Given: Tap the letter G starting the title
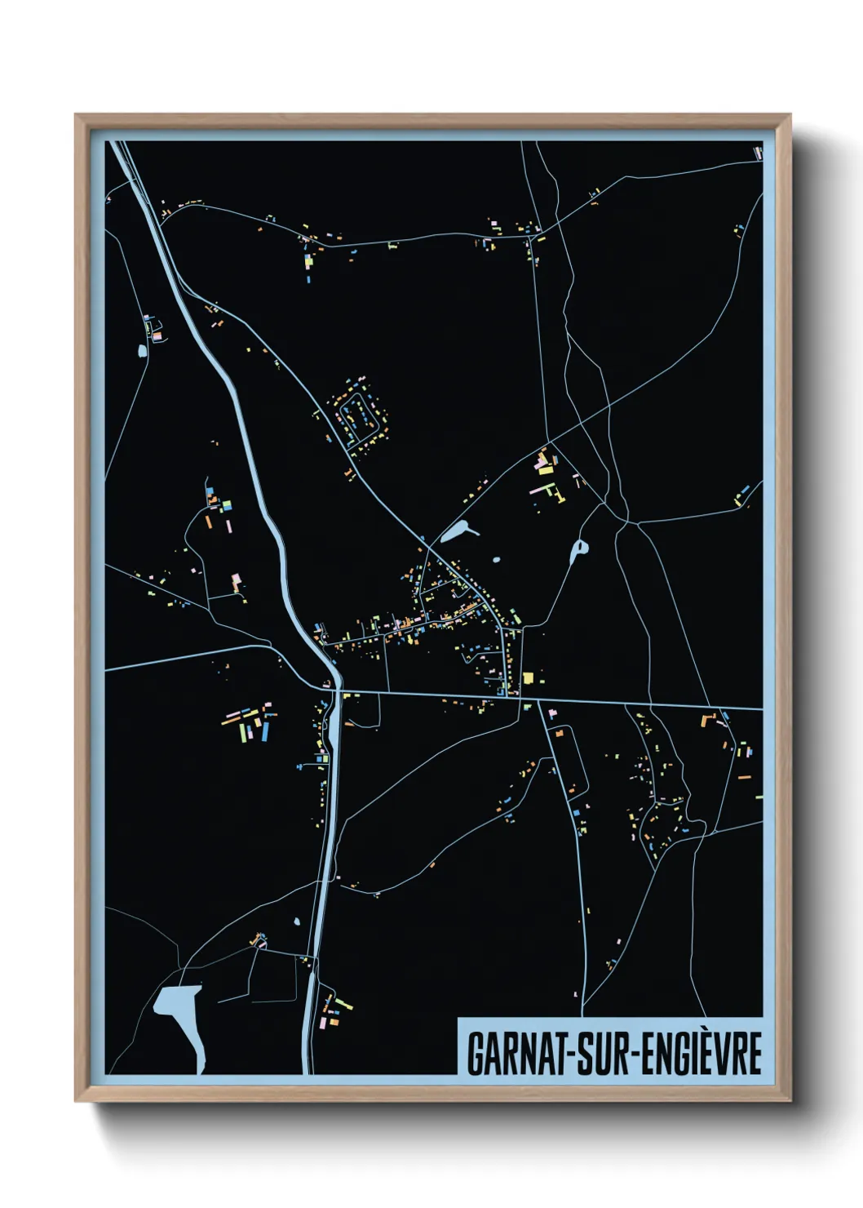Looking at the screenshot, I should (476, 1053).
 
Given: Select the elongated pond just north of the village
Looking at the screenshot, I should (457, 533).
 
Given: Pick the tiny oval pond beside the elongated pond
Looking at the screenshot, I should (495, 561).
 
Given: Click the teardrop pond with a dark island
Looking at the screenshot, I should (579, 551).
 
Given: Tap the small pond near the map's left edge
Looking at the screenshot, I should (142, 351).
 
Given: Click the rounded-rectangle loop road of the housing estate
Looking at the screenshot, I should (359, 412).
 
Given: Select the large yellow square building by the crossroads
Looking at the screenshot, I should (528, 677).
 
